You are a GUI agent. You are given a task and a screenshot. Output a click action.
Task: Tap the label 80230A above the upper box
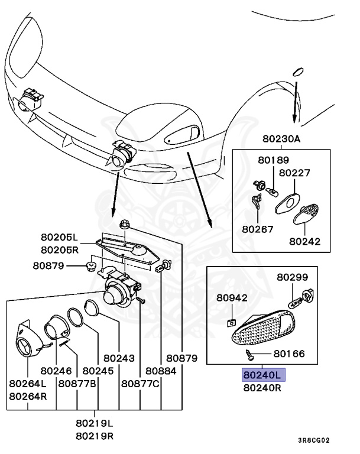[x=283, y=140]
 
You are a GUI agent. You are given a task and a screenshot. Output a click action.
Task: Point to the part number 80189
[x=273, y=160]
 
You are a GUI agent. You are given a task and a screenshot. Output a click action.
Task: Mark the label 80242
[x=304, y=241]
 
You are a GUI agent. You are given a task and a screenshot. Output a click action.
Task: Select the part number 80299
[x=293, y=277]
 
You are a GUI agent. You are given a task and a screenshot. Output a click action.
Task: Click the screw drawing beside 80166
[x=251, y=354]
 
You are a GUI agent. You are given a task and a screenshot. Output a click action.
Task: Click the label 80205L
[x=59, y=239]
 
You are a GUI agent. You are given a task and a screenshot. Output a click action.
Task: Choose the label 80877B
[x=77, y=383]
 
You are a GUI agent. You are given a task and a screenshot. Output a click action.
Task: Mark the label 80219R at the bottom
[x=95, y=436]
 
